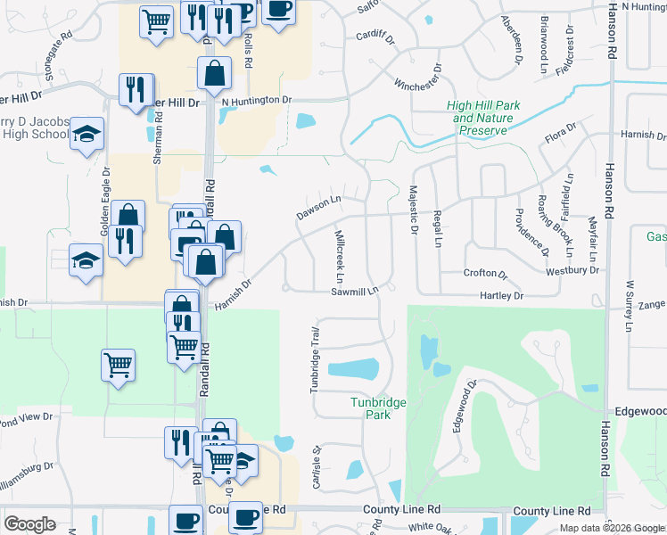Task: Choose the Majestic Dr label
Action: click(413, 211)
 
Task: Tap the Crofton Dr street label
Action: click(485, 274)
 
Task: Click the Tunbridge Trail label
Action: click(315, 359)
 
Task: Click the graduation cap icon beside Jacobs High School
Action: click(86, 135)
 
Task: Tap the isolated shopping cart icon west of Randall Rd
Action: click(119, 364)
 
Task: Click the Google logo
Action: click(29, 524)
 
